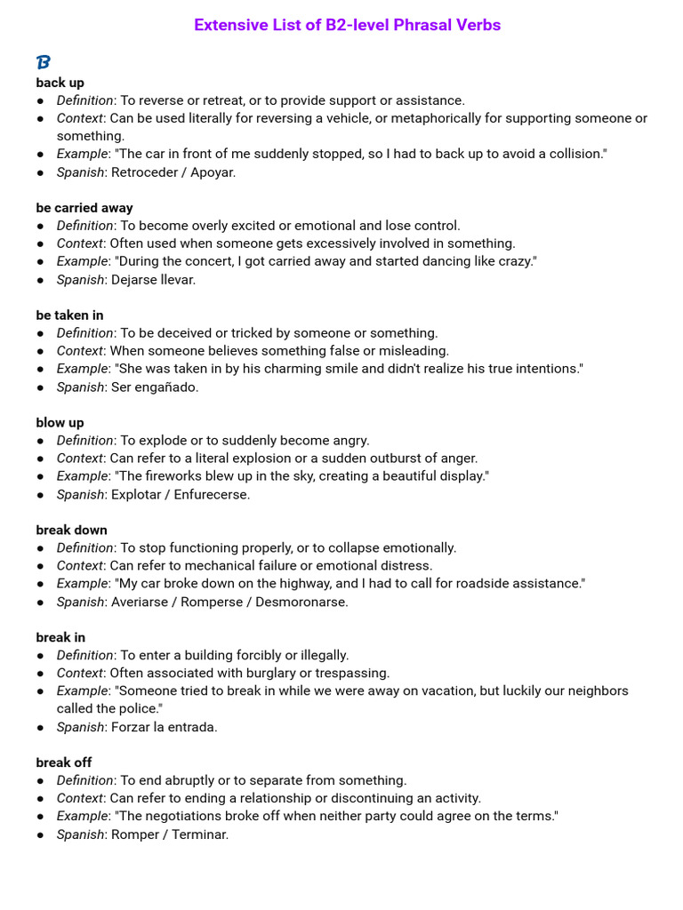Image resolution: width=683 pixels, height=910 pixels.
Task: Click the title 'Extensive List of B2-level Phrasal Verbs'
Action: pos(347,25)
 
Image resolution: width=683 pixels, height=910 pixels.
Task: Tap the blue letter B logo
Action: pos(44,62)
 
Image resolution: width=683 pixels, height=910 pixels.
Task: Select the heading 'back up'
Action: pos(60,83)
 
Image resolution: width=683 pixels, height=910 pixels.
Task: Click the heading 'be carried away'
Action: pos(84,208)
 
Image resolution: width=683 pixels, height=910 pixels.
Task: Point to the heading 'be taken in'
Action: pos(69,315)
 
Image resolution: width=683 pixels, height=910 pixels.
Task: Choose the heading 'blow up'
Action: pos(60,423)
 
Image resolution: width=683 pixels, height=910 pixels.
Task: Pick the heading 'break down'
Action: pos(71,531)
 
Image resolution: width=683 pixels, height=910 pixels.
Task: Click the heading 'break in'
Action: pos(60,637)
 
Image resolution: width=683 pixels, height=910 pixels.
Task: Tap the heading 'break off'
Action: pos(64,762)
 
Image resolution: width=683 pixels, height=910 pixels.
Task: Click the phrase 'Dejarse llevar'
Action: pos(153,280)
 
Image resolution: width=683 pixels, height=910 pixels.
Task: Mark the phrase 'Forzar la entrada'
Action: pos(164,727)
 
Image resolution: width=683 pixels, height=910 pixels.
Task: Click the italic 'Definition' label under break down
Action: pos(84,548)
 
